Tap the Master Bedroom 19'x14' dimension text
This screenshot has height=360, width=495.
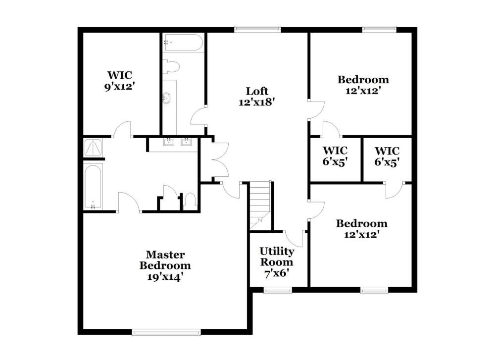coord(165,277)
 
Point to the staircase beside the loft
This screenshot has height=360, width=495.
coord(260,206)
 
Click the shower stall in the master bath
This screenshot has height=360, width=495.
coord(93,148)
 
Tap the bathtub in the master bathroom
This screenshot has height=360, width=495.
coord(93,187)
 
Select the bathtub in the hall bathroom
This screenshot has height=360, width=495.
coord(183,43)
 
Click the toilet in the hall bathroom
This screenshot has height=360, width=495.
coord(171,67)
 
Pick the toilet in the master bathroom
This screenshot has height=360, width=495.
coord(190,202)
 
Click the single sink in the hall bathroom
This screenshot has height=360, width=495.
coord(166,98)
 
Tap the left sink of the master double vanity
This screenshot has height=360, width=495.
coord(169,142)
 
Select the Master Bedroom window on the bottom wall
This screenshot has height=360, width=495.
coord(166,332)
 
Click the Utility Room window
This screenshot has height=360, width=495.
coord(278,290)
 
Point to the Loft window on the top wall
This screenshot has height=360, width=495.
coord(257,29)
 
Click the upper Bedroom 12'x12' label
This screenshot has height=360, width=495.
coord(363,85)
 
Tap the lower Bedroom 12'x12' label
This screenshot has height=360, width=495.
coord(361,229)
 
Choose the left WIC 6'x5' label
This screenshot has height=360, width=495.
coord(335,156)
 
